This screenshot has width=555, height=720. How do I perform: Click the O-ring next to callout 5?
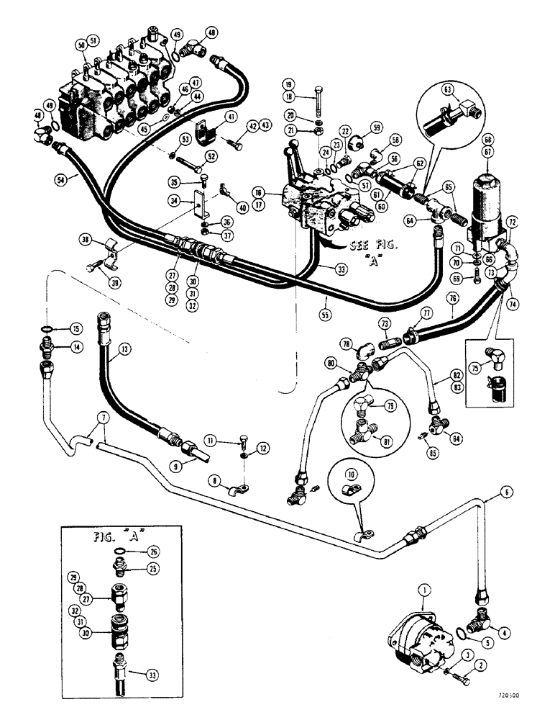[462, 633]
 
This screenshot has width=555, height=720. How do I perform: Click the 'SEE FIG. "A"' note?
[370, 247]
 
